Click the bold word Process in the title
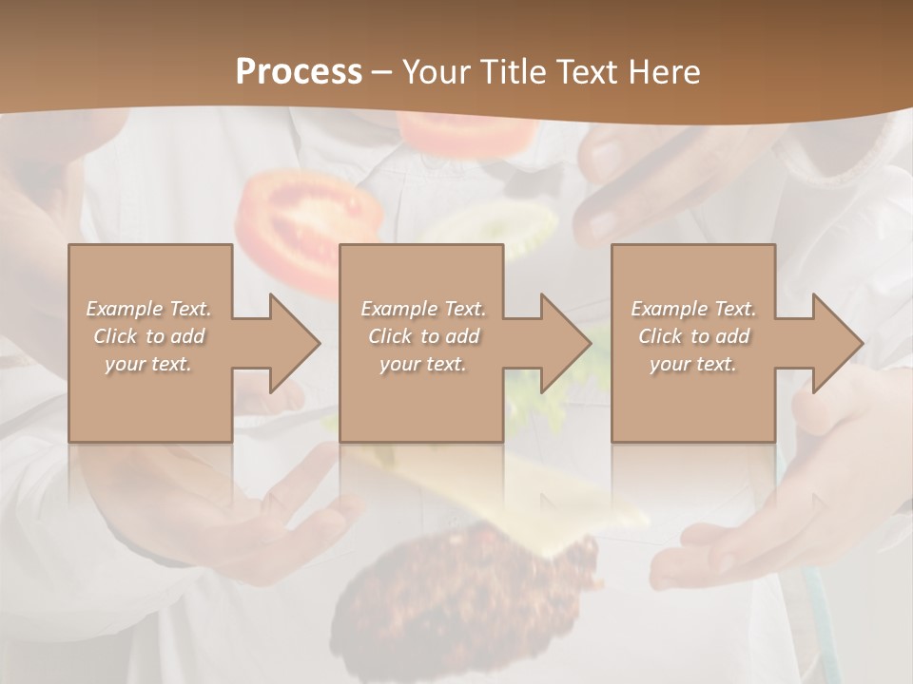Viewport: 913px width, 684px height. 299,72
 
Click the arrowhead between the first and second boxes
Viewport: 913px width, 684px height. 290,343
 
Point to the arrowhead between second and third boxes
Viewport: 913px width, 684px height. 562,343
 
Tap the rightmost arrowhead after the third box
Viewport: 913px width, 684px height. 833,343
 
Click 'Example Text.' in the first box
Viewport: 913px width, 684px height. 149,309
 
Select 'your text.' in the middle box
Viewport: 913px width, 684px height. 422,364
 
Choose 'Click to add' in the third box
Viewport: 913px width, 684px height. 693,336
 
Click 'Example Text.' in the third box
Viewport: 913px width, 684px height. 693,309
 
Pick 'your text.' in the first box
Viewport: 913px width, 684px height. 149,364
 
